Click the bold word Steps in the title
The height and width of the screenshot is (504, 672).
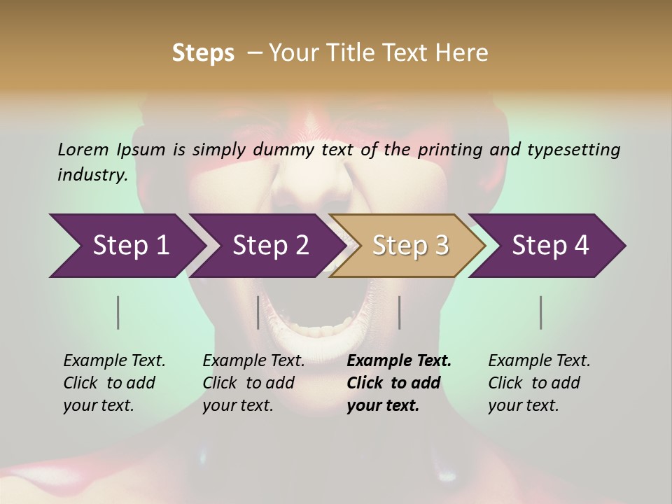[x=203, y=53]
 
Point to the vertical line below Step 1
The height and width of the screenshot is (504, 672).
[x=118, y=312]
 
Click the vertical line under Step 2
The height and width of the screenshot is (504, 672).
[x=258, y=312]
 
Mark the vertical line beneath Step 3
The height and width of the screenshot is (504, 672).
[x=399, y=312]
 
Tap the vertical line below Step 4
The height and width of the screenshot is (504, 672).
[x=541, y=312]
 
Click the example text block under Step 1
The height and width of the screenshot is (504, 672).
[x=114, y=383]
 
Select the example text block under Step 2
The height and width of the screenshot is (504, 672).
[x=253, y=383]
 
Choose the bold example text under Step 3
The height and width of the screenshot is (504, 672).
[x=399, y=383]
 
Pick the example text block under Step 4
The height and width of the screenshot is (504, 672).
[x=539, y=383]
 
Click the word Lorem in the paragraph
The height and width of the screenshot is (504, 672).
[x=83, y=149]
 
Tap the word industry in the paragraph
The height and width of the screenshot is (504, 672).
[x=92, y=175]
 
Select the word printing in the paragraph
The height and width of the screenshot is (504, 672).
[x=448, y=149]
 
